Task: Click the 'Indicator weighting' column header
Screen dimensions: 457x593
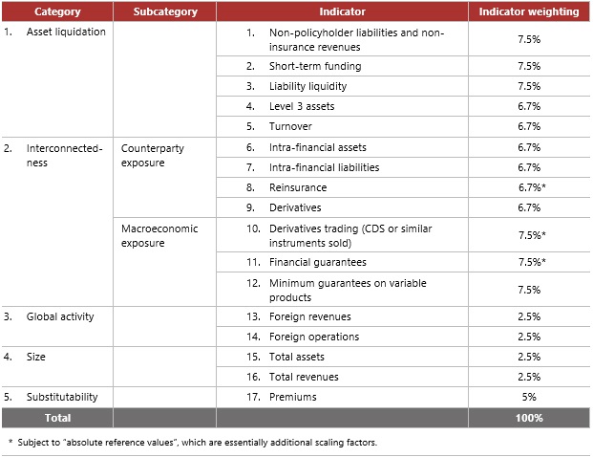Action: click(528, 12)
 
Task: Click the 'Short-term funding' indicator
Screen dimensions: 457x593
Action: click(301, 66)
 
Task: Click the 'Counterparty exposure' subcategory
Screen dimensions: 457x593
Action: click(153, 156)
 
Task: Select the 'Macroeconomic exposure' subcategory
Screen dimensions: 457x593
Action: click(157, 236)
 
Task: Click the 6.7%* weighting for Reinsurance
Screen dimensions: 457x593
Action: click(530, 187)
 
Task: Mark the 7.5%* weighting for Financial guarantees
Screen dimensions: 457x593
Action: click(530, 262)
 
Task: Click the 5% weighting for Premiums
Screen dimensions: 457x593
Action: click(529, 397)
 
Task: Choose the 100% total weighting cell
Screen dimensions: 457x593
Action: click(529, 418)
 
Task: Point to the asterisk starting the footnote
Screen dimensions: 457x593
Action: click(10, 443)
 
